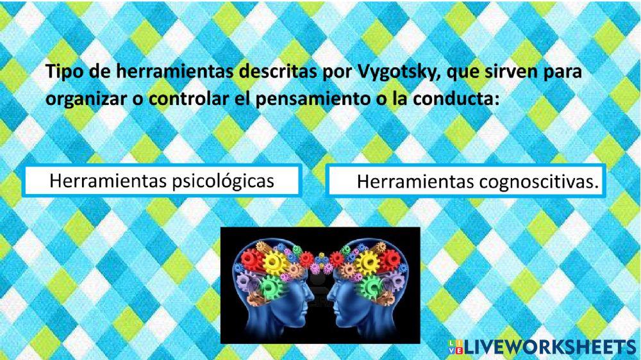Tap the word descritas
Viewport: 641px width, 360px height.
pyautogui.click(x=270, y=72)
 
